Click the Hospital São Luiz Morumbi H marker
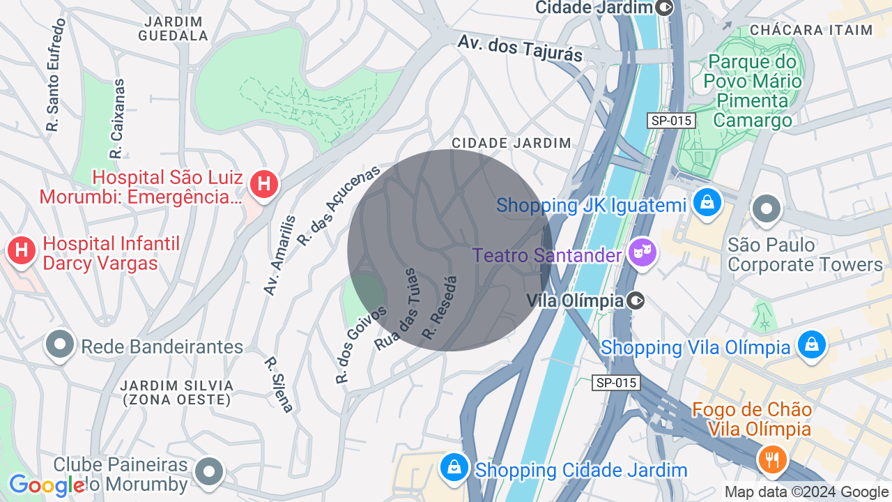tap(264, 185)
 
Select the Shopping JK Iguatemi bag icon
tap(707, 203)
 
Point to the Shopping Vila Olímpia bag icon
tap(811, 344)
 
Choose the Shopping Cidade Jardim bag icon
tap(454, 466)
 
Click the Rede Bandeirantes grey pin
tap(60, 344)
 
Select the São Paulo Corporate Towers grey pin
tap(767, 208)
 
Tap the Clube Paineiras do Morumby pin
tap(209, 471)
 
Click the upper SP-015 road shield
tap(671, 121)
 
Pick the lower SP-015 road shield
tap(616, 383)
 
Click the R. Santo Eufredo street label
tap(55, 75)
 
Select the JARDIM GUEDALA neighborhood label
tap(174, 29)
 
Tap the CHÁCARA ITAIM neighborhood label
tap(811, 30)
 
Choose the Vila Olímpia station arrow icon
tap(636, 301)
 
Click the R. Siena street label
tap(279, 384)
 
